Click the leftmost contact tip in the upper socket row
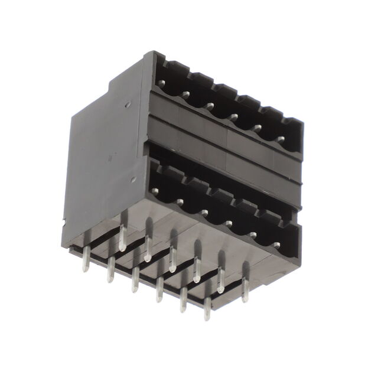[x=161, y=83]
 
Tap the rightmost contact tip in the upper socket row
[x=281, y=140]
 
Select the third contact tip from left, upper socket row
[x=210, y=106]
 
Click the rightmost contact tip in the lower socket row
[x=276, y=245]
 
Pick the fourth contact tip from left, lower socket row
[x=229, y=223]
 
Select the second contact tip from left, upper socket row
[x=185, y=94]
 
